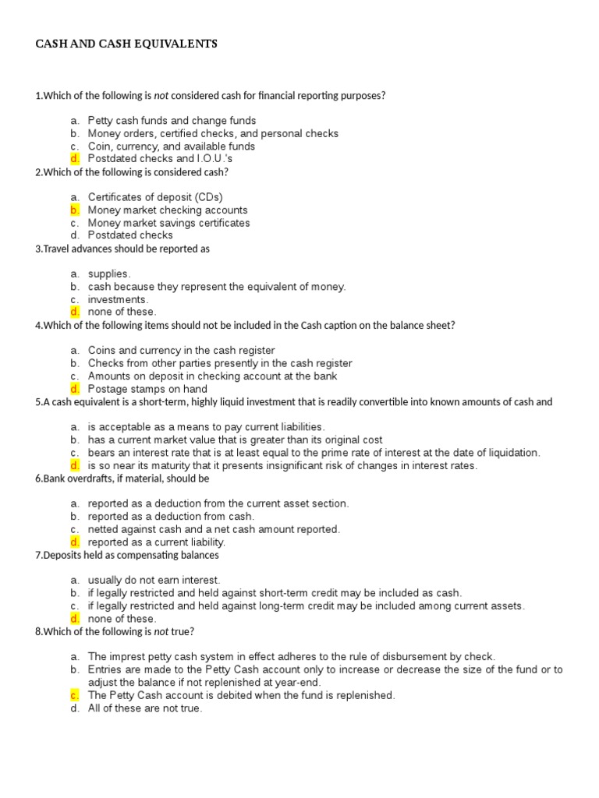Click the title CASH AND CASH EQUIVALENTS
pyautogui.click(x=126, y=44)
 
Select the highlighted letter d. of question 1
pyautogui.click(x=74, y=159)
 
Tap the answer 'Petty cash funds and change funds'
pyautogui.click(x=172, y=121)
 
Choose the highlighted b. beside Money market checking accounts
pyautogui.click(x=74, y=210)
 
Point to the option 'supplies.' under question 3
pyautogui.click(x=109, y=274)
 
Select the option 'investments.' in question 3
pyautogui.click(x=118, y=299)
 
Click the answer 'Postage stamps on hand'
pyautogui.click(x=147, y=389)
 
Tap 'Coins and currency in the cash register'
pyautogui.click(x=181, y=351)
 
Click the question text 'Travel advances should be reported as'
pyautogui.click(x=125, y=249)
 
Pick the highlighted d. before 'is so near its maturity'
pyautogui.click(x=74, y=466)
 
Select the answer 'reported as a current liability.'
pyautogui.click(x=156, y=542)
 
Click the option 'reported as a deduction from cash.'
pyautogui.click(x=171, y=517)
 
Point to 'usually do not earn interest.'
pyautogui.click(x=154, y=581)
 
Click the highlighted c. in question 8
pyautogui.click(x=74, y=695)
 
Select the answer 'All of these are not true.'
pyautogui.click(x=144, y=708)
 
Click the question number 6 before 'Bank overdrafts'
pyautogui.click(x=38, y=478)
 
